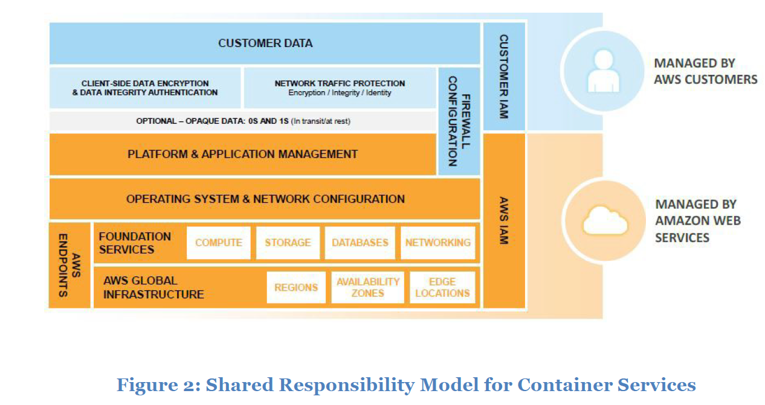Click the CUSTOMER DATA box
(265, 43)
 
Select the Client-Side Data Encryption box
(145, 88)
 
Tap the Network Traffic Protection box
(340, 88)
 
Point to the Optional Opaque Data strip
(243, 121)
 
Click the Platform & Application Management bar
(242, 155)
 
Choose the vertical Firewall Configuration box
(459, 121)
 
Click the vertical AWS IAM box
(504, 221)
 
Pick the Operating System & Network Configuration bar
(265, 199)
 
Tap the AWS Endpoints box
(69, 266)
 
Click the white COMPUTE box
(219, 243)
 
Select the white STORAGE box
(288, 243)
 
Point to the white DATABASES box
(360, 243)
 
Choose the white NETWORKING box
(438, 243)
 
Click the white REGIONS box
(296, 287)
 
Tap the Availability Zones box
(368, 287)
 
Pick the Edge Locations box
(442, 287)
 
